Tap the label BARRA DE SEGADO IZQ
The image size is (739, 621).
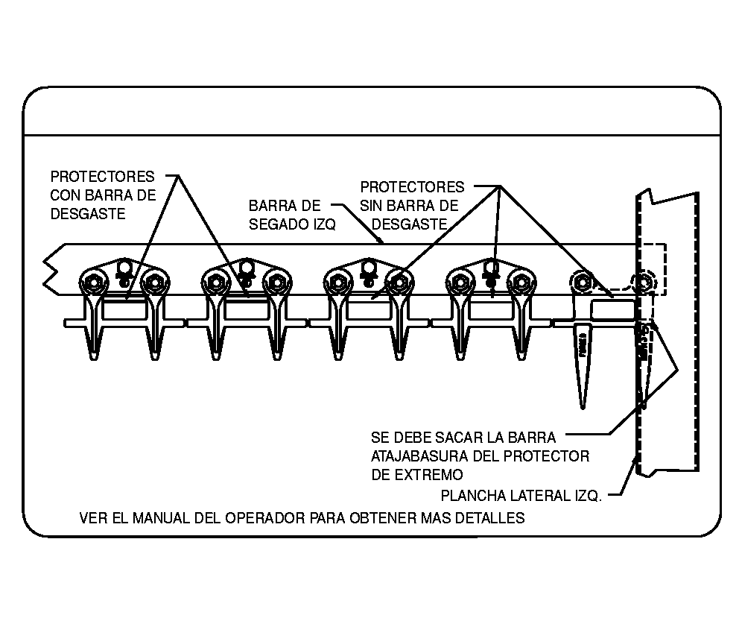[x=292, y=215]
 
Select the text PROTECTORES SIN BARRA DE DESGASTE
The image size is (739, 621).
[x=411, y=205]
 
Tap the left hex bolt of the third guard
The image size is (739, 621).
[x=338, y=281]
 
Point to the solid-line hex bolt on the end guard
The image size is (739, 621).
[x=582, y=281]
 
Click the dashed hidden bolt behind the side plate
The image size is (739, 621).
[x=641, y=283]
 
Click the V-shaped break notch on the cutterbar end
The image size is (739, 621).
[x=50, y=269]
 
